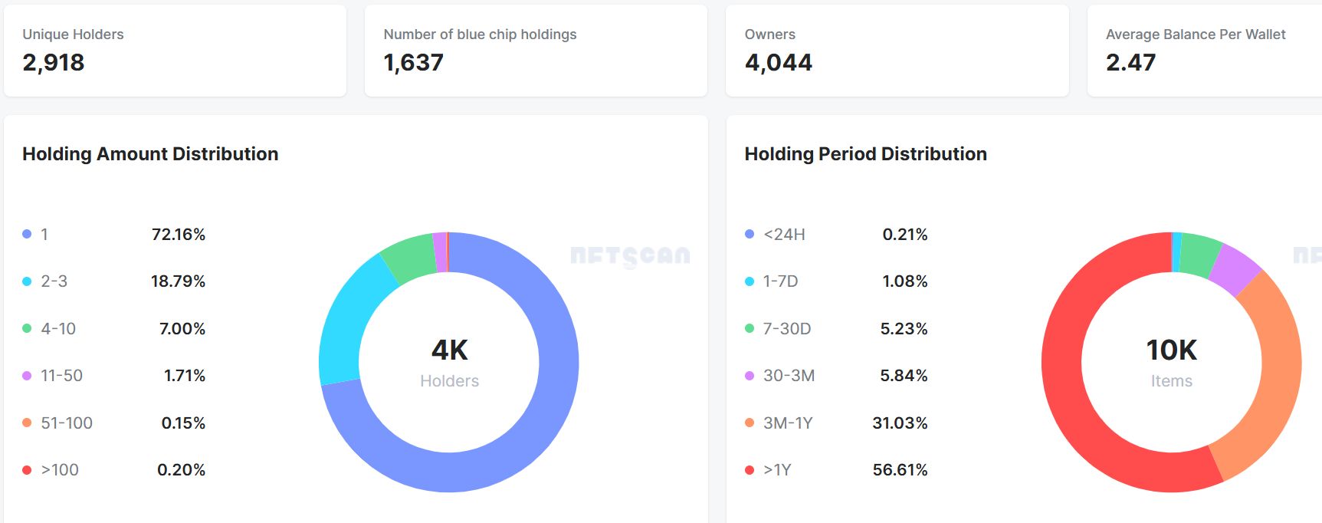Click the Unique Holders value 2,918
54,62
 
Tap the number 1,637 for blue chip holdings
413,62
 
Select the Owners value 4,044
778,62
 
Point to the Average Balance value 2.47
1130,62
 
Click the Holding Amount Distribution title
150,153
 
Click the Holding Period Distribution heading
865,153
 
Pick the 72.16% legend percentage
179,235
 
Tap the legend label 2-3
54,281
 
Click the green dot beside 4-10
27,329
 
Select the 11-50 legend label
61,376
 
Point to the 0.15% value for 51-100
183,423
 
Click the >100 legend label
60,470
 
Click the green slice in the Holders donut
408,255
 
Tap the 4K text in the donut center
449,350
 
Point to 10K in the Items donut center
1171,350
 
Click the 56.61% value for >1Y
900,470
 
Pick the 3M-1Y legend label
788,423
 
